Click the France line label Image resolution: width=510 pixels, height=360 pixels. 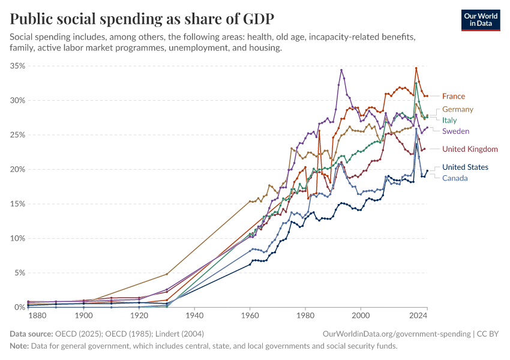[453, 96]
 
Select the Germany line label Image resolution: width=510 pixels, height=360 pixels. [458, 109]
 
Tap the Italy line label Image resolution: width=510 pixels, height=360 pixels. [449, 120]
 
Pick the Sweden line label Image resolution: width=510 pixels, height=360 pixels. [455, 131]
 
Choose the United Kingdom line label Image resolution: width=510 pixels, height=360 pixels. [470, 149]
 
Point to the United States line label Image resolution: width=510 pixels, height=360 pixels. [465, 167]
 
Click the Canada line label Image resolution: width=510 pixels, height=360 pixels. [455, 178]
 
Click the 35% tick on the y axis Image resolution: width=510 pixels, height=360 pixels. [17, 66]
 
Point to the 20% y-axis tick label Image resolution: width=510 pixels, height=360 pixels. [17, 169]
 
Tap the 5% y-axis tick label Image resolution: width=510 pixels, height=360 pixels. [19, 273]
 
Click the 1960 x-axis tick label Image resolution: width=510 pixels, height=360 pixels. [250, 315]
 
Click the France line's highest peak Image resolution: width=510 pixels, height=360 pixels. [416, 68]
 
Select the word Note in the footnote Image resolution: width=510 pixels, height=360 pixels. [19, 346]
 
